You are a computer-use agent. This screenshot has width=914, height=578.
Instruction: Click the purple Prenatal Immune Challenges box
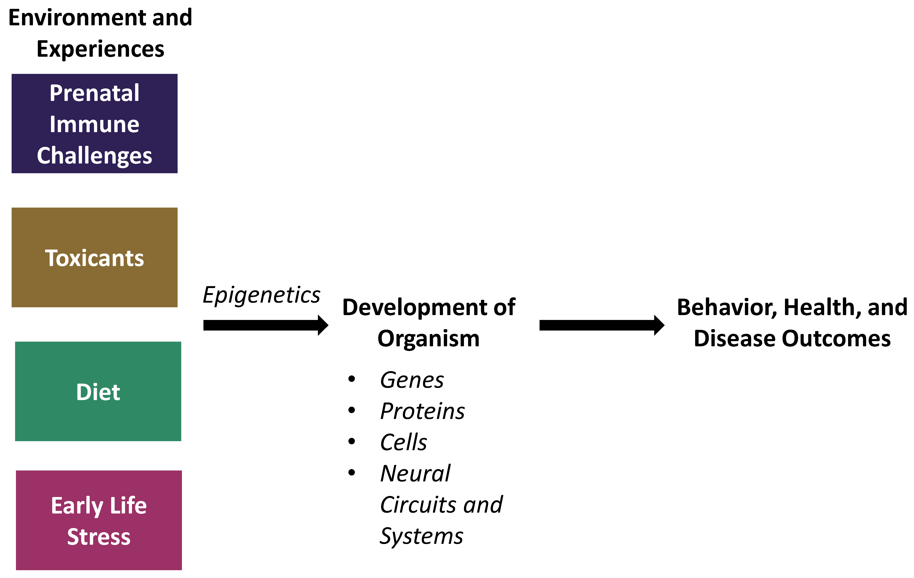tap(95, 124)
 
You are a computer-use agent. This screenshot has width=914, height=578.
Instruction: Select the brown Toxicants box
tap(95, 257)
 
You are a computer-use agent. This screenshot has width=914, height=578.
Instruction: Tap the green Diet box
tap(98, 391)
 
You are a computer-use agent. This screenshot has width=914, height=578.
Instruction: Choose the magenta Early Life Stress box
tap(99, 520)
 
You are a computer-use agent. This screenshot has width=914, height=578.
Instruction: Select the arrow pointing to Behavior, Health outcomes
tap(602, 325)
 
